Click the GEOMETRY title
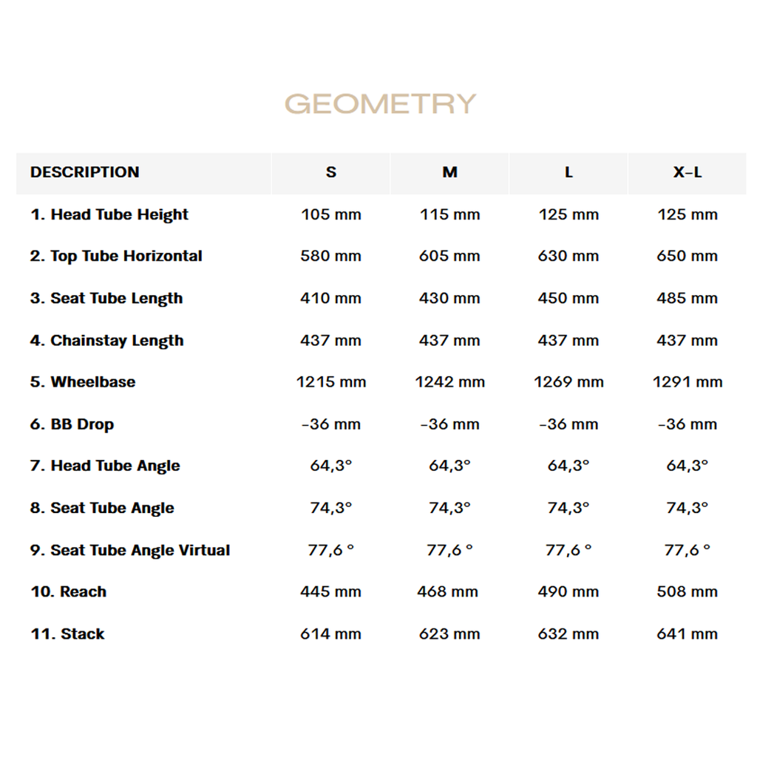[x=380, y=103]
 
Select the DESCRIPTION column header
[x=84, y=172]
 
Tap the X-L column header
[x=687, y=172]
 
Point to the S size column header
[x=330, y=172]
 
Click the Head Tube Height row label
[x=109, y=214]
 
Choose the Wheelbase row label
[x=83, y=382]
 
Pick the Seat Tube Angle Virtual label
[x=130, y=550]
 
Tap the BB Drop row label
[x=72, y=424]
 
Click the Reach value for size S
[x=330, y=591]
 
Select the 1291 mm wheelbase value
[x=687, y=382]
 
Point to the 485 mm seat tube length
[x=687, y=299]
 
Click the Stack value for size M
[x=449, y=634]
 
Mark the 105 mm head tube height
[x=330, y=214]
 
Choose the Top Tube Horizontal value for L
[x=568, y=257]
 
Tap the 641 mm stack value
[x=687, y=634]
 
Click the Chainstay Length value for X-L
[x=687, y=341]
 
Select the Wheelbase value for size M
[x=449, y=382]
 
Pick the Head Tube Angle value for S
[x=330, y=466]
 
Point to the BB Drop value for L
[x=568, y=424]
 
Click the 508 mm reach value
[x=687, y=591]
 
